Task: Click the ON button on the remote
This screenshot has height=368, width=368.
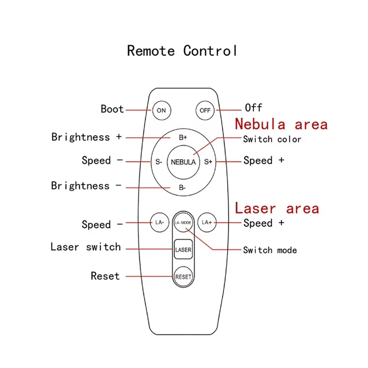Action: tap(161, 110)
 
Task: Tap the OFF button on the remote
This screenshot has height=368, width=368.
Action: tap(205, 110)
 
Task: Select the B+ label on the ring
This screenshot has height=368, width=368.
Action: tap(183, 138)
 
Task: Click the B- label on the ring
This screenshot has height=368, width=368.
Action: tap(183, 188)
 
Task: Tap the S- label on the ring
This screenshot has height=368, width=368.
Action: tap(159, 162)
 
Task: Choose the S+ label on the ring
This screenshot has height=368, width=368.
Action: tap(208, 162)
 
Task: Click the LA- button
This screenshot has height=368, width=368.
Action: tap(159, 222)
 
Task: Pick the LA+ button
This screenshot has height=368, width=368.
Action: tap(207, 222)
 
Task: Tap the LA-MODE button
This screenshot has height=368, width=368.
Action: tap(183, 223)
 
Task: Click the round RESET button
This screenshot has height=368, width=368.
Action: tap(183, 277)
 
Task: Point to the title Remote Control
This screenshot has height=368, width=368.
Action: tap(182, 50)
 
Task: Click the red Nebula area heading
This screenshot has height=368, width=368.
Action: tap(281, 124)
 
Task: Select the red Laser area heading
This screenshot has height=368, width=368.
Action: tap(277, 208)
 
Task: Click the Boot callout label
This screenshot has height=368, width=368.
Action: tap(112, 109)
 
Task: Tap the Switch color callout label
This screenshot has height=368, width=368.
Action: tap(272, 139)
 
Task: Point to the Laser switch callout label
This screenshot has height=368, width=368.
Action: tap(86, 247)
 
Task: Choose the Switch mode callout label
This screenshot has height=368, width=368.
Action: tap(270, 250)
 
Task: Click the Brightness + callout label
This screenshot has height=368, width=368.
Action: tap(86, 137)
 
